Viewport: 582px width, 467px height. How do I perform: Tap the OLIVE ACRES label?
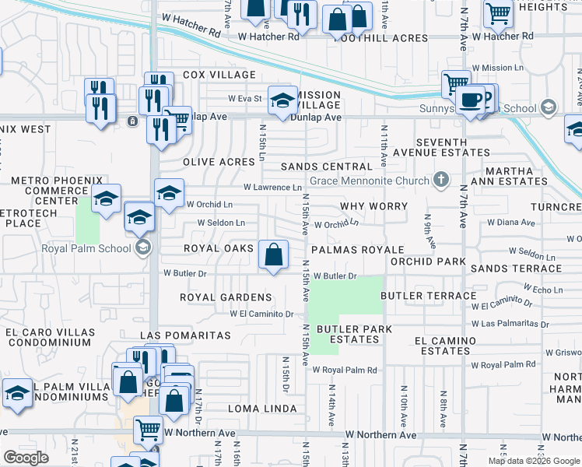click(219, 162)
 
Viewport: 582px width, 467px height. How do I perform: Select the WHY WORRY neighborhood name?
click(373, 206)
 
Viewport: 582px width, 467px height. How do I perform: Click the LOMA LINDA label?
click(262, 409)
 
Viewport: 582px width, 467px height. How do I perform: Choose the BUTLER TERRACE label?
click(428, 296)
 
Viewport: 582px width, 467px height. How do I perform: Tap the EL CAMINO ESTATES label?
click(445, 346)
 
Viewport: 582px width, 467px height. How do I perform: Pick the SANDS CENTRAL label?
click(327, 167)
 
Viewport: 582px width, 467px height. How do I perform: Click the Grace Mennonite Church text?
click(369, 181)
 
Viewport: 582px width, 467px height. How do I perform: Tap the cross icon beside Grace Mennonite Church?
click(441, 181)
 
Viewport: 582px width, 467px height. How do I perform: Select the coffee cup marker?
click(470, 99)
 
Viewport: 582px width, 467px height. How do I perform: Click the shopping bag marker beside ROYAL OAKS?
click(274, 254)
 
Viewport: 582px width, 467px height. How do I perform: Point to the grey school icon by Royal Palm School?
click(142, 248)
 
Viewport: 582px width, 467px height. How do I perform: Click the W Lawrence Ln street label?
click(272, 188)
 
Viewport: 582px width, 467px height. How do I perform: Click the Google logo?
click(26, 457)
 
